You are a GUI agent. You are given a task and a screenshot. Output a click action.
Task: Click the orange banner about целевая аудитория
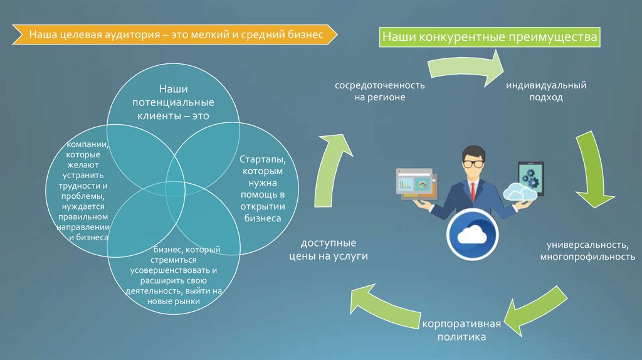[x=175, y=34]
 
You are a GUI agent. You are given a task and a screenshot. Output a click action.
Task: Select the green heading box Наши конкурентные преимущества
[x=490, y=37]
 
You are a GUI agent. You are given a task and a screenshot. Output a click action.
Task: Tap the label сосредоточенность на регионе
[x=379, y=92]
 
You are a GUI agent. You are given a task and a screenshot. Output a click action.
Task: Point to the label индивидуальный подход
[x=546, y=92]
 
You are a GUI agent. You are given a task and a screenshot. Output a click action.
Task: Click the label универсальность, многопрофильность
[x=587, y=251]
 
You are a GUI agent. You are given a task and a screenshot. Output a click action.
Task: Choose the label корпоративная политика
[x=461, y=330]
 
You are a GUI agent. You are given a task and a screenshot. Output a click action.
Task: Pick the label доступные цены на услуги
[x=329, y=250]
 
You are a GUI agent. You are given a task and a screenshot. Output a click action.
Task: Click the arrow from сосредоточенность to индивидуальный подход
[x=466, y=68]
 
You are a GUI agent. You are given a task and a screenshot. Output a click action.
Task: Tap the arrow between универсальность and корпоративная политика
[x=537, y=310]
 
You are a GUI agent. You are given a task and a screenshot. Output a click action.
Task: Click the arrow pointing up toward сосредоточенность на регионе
[x=331, y=170]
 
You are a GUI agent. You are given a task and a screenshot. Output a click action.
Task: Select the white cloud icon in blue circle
[x=472, y=235]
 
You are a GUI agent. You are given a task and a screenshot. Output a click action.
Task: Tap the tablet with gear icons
[x=530, y=179]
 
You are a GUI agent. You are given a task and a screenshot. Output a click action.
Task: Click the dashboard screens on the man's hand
[x=417, y=184]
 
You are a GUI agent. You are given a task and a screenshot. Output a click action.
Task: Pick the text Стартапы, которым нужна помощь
[x=263, y=188]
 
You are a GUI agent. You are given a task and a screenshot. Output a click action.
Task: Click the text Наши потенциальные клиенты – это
[x=173, y=102]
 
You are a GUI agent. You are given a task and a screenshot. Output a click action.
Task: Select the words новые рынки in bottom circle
[x=174, y=302]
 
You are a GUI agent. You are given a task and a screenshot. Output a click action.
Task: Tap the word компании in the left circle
[x=88, y=144]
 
